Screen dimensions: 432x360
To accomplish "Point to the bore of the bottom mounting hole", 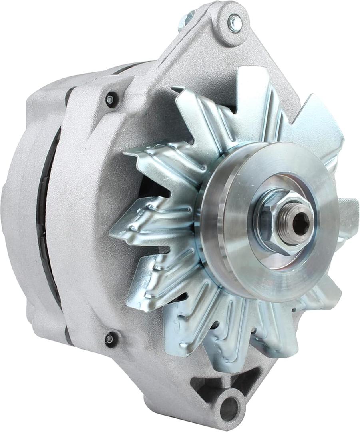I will (229, 408).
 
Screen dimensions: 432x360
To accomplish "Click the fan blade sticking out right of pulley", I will (348, 216).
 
